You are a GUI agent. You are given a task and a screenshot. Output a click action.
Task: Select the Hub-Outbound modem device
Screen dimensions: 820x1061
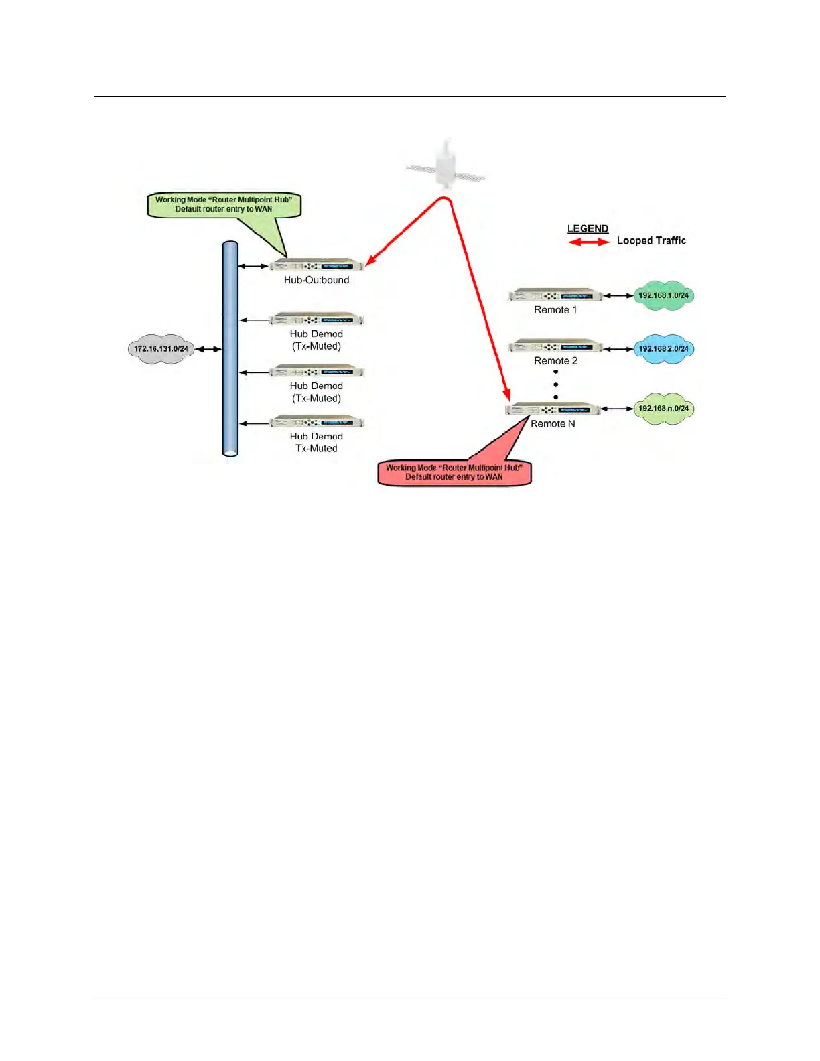317,265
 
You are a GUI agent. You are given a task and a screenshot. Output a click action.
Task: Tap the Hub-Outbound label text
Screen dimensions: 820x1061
316,280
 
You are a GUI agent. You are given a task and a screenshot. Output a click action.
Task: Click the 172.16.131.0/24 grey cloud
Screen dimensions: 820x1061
160,349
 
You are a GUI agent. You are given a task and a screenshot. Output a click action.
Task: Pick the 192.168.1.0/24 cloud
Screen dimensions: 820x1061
663,295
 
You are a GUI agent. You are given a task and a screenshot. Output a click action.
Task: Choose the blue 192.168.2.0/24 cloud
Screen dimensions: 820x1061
663,349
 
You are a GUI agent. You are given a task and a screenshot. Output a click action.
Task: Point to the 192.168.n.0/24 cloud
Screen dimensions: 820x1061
663,409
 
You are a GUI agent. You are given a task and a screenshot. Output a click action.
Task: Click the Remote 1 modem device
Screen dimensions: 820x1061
555,295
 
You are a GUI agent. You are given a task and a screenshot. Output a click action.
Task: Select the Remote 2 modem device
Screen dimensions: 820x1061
555,347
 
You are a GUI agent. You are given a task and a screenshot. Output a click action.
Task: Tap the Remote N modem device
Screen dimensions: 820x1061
553,409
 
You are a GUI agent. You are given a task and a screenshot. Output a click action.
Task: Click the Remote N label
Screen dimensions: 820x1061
553,424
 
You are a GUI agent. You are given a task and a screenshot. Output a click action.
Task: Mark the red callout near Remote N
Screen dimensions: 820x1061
455,472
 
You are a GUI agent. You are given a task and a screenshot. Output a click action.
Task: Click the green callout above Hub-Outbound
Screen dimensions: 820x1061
224,204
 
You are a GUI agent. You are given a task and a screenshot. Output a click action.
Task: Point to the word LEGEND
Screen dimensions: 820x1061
588,229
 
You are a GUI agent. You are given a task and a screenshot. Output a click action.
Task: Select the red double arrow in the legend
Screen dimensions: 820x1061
589,242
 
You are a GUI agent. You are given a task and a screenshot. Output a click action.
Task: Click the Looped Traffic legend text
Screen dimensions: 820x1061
651,240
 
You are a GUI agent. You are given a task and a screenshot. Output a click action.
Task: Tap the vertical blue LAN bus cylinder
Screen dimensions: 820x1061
230,349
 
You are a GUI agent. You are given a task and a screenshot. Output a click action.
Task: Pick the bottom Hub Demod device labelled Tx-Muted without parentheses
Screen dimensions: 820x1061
317,422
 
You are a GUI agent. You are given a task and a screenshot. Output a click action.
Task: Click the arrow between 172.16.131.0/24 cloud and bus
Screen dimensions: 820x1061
208,349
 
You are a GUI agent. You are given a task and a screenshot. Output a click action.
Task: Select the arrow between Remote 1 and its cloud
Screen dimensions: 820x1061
618,295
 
